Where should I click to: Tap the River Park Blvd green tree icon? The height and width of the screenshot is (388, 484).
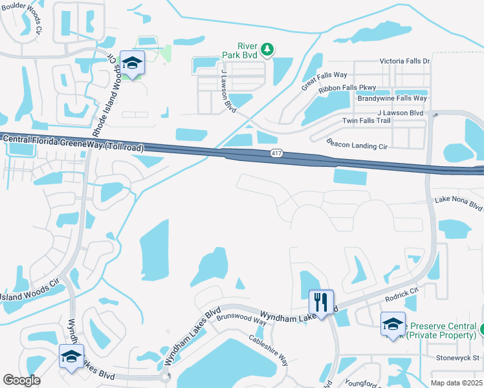266,48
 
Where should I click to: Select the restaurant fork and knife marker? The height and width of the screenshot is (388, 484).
321,301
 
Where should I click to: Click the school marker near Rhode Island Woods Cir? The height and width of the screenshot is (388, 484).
132,63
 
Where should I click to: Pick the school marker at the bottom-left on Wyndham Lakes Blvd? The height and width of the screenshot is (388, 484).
71,356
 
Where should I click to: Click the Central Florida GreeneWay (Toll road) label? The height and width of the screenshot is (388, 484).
72,143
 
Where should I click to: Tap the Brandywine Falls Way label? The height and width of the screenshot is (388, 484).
392,98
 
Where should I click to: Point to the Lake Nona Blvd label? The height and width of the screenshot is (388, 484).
458,204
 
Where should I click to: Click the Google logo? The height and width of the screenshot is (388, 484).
22,380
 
